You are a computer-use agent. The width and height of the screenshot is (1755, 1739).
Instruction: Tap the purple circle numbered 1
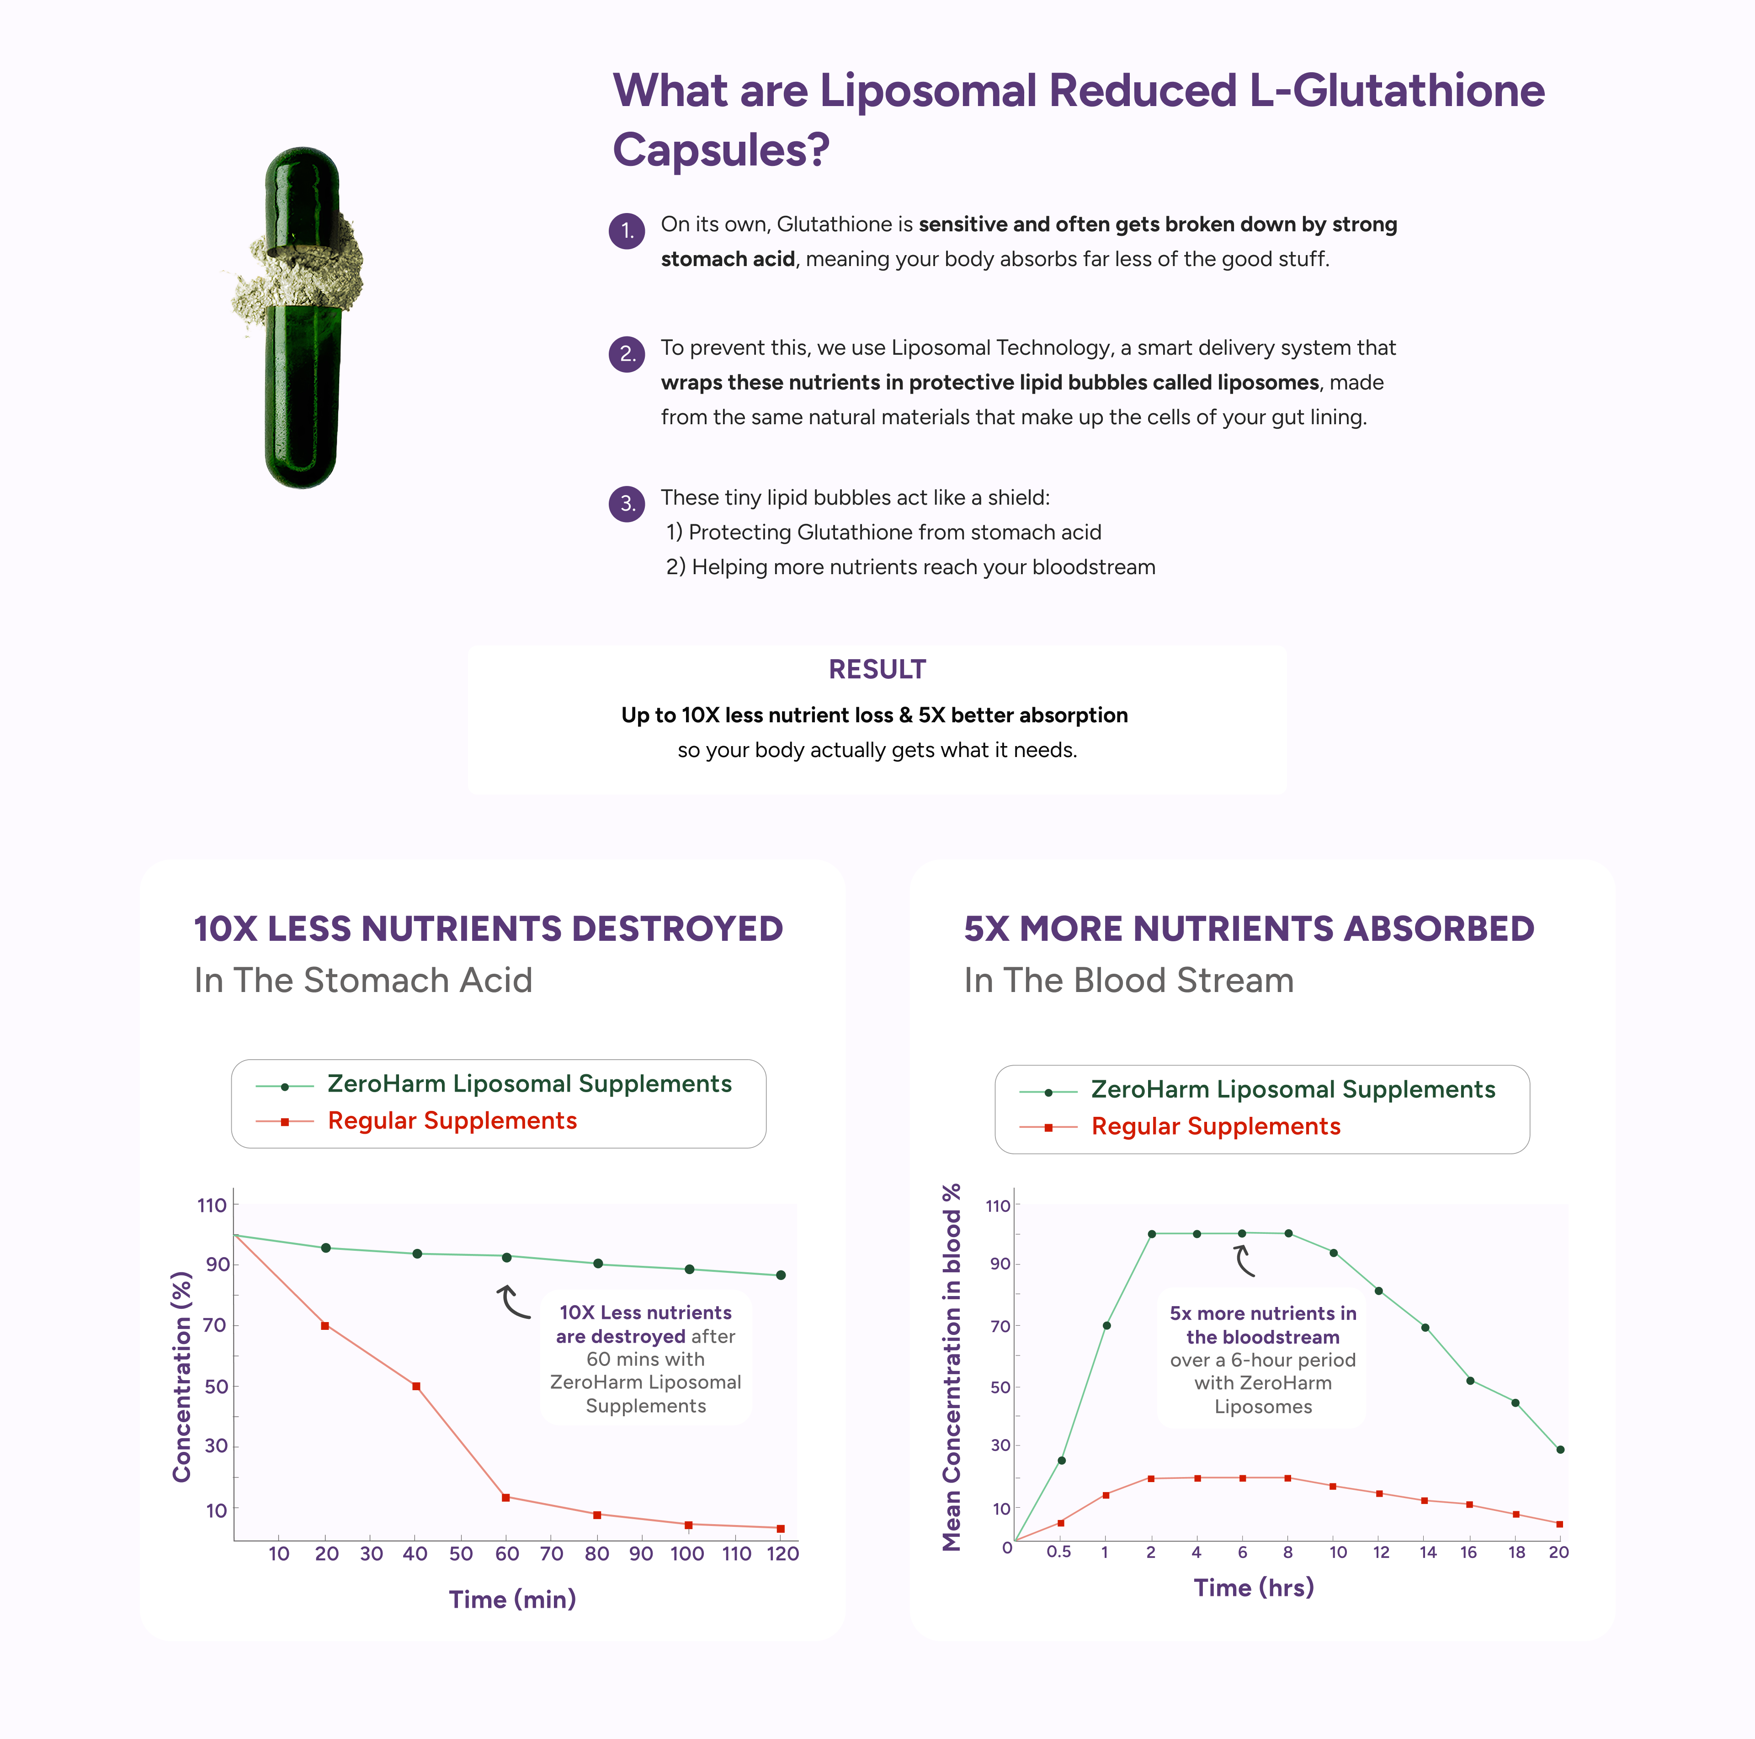pyautogui.click(x=627, y=231)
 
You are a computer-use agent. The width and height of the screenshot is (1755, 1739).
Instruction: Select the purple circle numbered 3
pyautogui.click(x=627, y=503)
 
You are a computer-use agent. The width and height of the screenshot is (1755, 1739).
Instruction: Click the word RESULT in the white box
pyautogui.click(x=877, y=670)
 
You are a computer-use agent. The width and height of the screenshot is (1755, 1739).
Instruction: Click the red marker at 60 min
pyautogui.click(x=506, y=1497)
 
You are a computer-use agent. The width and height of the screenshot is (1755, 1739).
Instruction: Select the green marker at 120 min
pyautogui.click(x=780, y=1275)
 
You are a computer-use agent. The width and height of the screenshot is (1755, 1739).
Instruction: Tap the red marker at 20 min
pyautogui.click(x=325, y=1326)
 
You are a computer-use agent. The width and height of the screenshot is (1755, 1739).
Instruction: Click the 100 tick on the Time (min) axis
pyautogui.click(x=688, y=1554)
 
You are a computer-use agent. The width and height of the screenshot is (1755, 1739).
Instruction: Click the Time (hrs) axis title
pyautogui.click(x=1254, y=1587)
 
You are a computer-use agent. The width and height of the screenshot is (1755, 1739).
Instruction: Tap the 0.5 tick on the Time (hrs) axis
pyautogui.click(x=1059, y=1552)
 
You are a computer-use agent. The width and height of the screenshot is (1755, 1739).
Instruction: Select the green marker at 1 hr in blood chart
pyautogui.click(x=1106, y=1326)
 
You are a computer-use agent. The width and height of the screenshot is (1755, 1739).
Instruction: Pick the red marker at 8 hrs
pyautogui.click(x=1288, y=1478)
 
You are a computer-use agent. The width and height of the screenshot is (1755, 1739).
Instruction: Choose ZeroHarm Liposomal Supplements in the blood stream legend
pyautogui.click(x=1292, y=1089)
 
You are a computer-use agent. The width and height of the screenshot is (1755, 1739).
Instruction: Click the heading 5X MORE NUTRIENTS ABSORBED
pyautogui.click(x=1249, y=928)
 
